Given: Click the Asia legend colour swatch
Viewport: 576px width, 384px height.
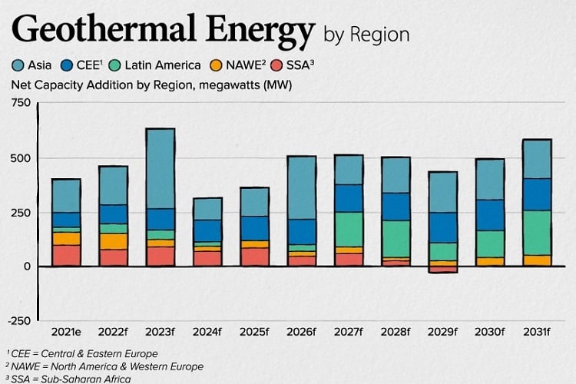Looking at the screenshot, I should point(18,65).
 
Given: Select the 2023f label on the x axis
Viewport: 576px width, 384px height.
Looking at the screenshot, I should point(160,332).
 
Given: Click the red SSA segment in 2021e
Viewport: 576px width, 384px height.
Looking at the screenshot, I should point(66,255).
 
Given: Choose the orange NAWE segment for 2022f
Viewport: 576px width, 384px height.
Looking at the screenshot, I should point(114,240).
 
